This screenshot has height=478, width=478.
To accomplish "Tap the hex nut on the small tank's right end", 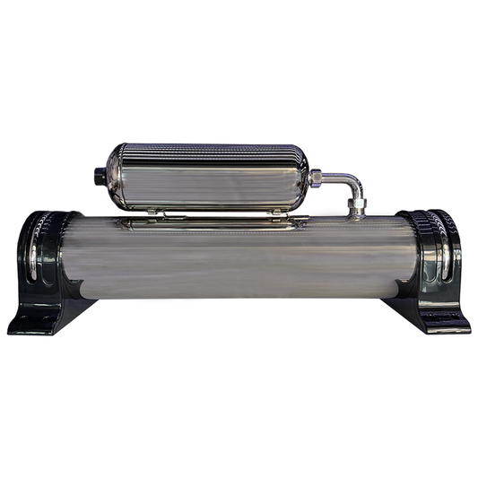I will tap(315, 178).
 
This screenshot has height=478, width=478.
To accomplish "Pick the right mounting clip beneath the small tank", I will tap(277, 212).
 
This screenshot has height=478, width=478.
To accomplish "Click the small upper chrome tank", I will tap(206, 177).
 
